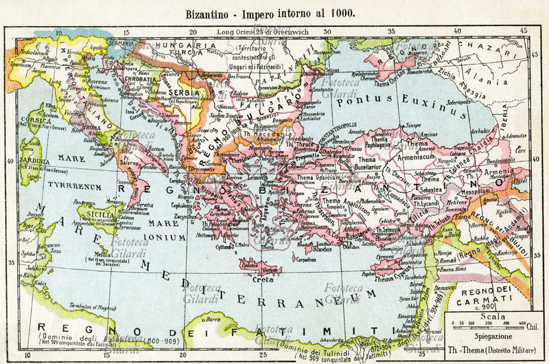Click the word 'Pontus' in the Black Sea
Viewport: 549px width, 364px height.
(x=360, y=101)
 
